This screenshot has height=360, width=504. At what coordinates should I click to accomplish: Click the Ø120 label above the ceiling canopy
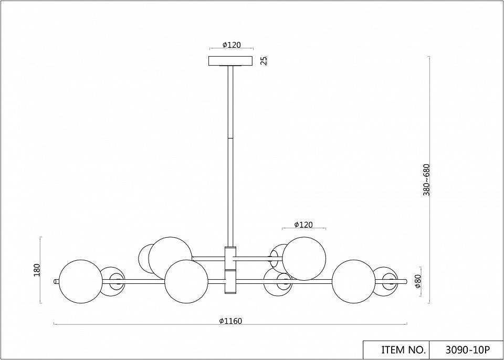click(232, 45)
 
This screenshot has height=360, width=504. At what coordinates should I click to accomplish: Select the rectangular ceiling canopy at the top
click(230, 61)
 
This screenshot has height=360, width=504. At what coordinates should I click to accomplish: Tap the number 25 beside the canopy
click(264, 60)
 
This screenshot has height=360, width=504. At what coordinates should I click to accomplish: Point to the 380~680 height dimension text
click(426, 179)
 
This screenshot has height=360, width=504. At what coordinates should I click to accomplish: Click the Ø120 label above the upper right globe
click(303, 225)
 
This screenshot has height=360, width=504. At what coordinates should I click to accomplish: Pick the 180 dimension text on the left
click(37, 270)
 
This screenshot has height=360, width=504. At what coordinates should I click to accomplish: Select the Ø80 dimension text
click(418, 281)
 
